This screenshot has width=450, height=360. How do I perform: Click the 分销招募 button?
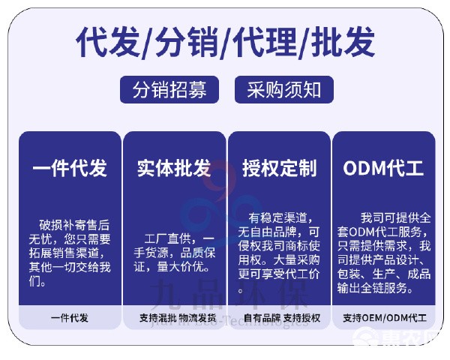coord(170,90)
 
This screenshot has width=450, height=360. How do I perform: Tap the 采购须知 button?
coord(279,90)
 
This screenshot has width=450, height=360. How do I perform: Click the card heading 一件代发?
coord(70,168)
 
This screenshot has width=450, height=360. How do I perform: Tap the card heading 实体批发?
coord(174,168)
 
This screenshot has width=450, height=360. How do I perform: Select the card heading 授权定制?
coord(279,168)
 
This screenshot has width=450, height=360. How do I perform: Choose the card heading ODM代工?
coord(383,168)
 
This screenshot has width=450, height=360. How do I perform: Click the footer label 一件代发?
coord(70,318)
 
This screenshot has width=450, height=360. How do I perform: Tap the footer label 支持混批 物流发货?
coord(174,318)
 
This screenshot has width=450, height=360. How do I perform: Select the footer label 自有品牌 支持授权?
coord(279,318)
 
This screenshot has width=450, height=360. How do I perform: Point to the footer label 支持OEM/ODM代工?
coord(383,318)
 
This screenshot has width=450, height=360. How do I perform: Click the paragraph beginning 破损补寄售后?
coord(70,253)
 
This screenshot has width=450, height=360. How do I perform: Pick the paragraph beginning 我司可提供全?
coord(383,253)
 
